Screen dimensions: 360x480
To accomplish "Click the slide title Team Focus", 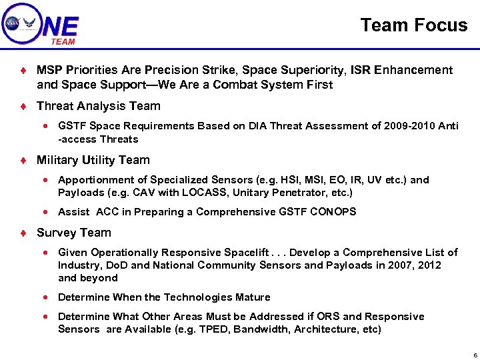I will [x=413, y=25].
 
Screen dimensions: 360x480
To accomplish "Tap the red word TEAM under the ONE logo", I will [x=63, y=41].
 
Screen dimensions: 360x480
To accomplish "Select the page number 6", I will [x=474, y=354].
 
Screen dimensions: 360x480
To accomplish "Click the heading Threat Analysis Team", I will [x=99, y=106].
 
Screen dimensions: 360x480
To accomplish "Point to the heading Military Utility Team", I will [x=93, y=160].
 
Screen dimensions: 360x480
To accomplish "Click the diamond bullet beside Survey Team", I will [x=23, y=233].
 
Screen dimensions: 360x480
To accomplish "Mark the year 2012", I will [x=428, y=265].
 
